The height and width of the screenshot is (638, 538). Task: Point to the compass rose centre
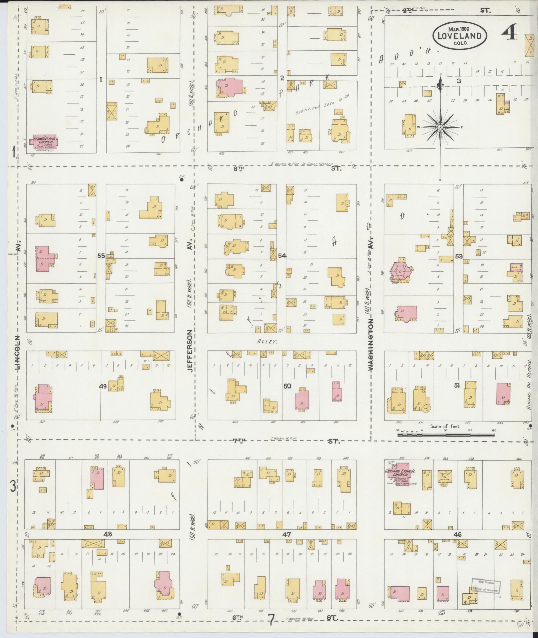pos(440,127)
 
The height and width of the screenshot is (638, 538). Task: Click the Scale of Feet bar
pos(446,435)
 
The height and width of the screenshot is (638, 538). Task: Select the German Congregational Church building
pos(44,141)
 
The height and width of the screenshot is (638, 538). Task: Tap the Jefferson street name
pos(189,350)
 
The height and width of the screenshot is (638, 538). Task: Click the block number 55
pos(101,256)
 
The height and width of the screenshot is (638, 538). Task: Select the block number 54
pos(282,256)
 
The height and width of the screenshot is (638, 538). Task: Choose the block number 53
pos(459,256)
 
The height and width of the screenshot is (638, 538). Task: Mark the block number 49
pos(103,386)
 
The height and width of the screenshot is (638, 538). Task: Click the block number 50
pos(287,386)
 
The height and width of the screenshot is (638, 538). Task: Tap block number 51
pos(457,386)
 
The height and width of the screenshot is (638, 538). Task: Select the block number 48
pos(107,534)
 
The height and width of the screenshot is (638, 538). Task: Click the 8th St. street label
pos(238,169)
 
